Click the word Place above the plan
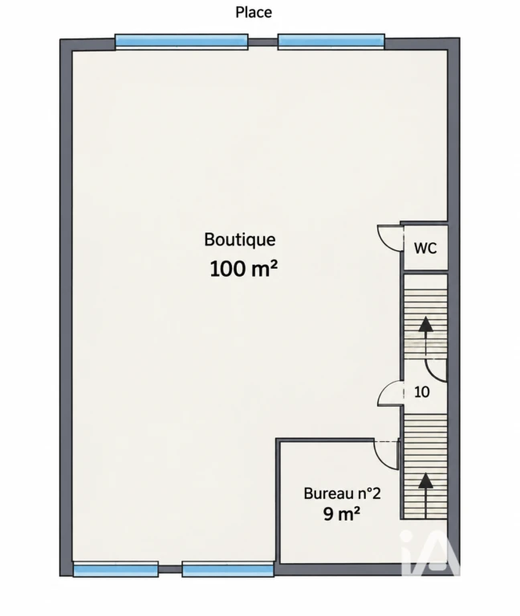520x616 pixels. [x=254, y=12]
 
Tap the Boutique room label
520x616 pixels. [x=240, y=240]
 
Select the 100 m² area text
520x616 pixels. [x=244, y=269]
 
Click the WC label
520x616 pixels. [x=425, y=249]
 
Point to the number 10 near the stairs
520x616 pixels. [x=422, y=392]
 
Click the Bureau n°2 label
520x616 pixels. [x=343, y=493]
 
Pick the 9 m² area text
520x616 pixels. [x=342, y=513]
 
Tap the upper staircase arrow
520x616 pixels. [x=425, y=338]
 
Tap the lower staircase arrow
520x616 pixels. [x=425, y=496]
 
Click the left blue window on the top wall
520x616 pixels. [x=181, y=42]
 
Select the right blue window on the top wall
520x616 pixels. [x=331, y=42]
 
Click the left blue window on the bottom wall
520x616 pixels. [x=116, y=569]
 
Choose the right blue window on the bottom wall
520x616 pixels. [x=228, y=569]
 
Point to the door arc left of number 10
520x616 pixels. [x=384, y=390]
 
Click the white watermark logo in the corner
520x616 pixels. [x=429, y=553]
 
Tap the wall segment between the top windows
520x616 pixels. [x=263, y=43]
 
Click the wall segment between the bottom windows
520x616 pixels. [x=170, y=569]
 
